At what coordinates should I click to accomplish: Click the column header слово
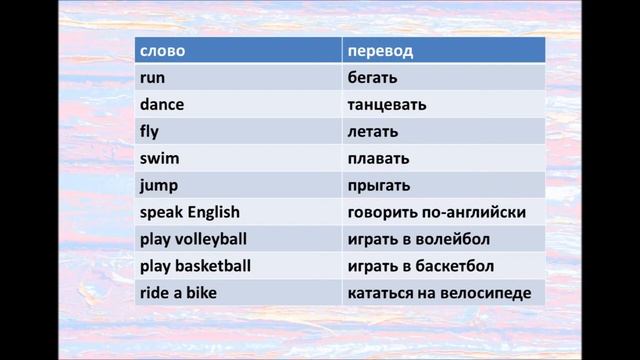click(x=162, y=51)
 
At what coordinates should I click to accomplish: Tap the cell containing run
click(x=152, y=78)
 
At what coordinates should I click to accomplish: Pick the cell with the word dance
click(x=162, y=105)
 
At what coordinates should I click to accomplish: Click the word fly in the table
click(x=150, y=132)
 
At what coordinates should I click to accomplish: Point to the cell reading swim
click(x=157, y=159)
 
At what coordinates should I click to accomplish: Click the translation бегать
click(x=373, y=78)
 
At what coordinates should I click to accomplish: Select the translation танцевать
click(x=387, y=105)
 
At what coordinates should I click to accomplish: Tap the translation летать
click(x=373, y=132)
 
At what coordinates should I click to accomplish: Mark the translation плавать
click(x=378, y=159)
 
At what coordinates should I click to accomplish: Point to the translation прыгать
click(x=379, y=186)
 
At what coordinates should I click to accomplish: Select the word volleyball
click(x=211, y=240)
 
